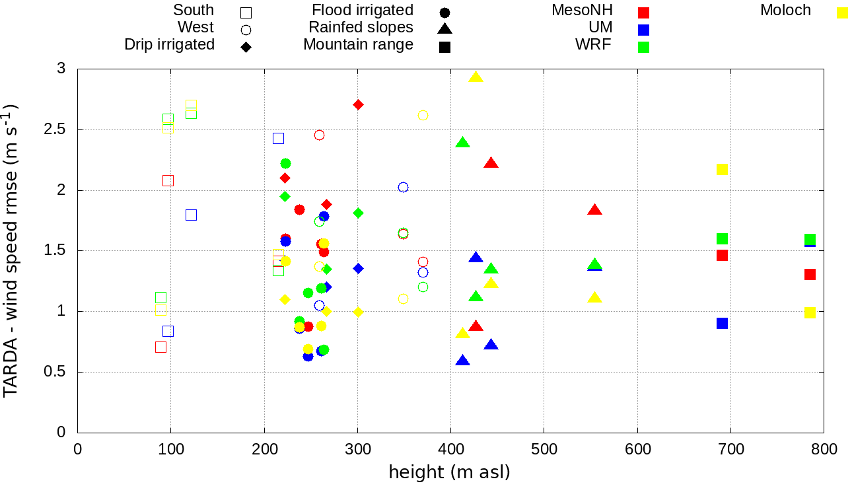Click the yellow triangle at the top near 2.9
tap(476, 77)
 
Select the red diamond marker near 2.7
tap(358, 104)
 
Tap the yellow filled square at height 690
tap(722, 169)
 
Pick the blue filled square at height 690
tap(722, 323)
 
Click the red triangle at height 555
tap(594, 210)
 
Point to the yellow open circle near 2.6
tap(423, 115)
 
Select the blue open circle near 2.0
tap(403, 187)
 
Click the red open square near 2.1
tap(168, 180)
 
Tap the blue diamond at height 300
tap(358, 268)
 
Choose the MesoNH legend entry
tap(582, 11)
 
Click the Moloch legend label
tap(785, 11)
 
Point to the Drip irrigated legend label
tap(169, 45)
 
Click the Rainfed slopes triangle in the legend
tap(444, 28)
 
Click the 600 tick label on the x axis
tap(637, 450)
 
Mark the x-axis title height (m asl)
tap(449, 473)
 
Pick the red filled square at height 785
tap(810, 274)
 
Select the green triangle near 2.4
tap(462, 143)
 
